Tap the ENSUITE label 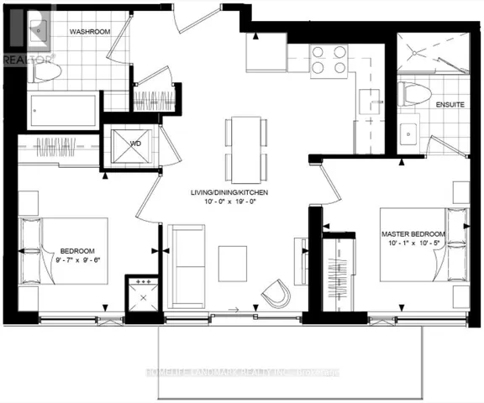[429, 105]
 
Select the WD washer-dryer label [135, 144]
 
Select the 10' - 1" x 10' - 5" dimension [413, 243]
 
